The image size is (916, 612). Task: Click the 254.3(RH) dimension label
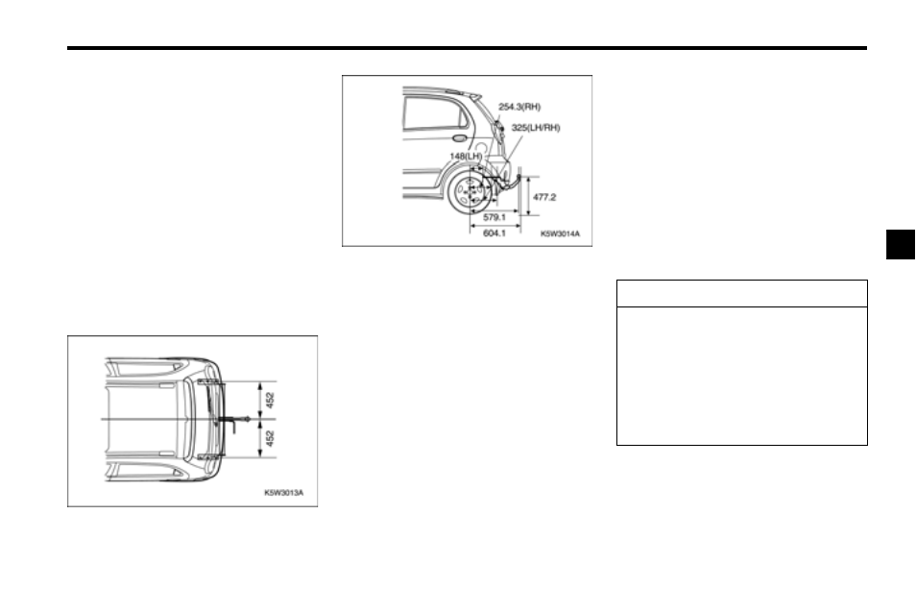click(x=519, y=107)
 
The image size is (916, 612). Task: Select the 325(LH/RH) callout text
click(x=536, y=128)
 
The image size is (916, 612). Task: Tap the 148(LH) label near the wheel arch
click(x=467, y=156)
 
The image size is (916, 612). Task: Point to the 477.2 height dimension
click(x=544, y=198)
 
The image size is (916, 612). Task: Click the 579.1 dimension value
click(x=494, y=217)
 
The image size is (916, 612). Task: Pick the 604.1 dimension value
click(x=494, y=233)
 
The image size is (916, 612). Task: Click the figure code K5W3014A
click(x=560, y=233)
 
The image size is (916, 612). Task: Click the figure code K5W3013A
click(x=284, y=493)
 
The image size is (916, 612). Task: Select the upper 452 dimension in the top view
click(x=270, y=401)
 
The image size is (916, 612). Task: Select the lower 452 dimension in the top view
click(x=270, y=438)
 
